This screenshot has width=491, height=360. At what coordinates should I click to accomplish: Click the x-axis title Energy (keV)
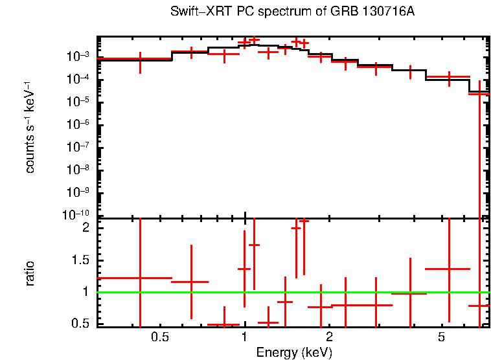click(x=293, y=352)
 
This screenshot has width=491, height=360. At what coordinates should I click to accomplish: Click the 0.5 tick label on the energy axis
click(x=159, y=337)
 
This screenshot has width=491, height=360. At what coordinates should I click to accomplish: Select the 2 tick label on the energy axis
click(x=329, y=337)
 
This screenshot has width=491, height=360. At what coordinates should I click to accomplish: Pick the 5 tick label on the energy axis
click(x=441, y=337)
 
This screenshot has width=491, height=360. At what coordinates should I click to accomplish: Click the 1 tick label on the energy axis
click(x=244, y=337)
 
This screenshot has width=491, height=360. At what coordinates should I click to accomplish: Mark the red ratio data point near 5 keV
click(x=449, y=268)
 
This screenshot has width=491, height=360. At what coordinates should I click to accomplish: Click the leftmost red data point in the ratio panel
click(x=140, y=278)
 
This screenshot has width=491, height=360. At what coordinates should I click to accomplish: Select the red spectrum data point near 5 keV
click(x=449, y=77)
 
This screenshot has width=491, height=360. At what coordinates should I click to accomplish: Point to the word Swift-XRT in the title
click(x=194, y=12)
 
